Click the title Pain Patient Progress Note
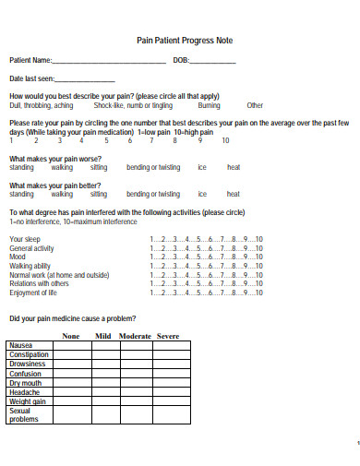[185, 41]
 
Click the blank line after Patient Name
[110, 62]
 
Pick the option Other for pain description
[255, 105]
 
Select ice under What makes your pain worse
[202, 168]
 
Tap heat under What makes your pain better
[234, 195]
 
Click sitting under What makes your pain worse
[99, 168]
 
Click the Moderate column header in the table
[135, 336]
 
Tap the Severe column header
[167, 336]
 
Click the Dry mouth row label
[26, 383]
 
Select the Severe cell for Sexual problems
[167, 414]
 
